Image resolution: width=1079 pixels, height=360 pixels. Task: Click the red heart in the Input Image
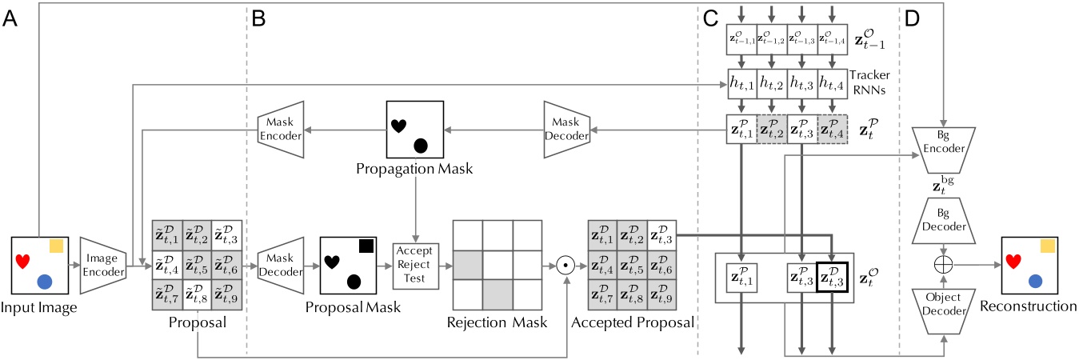point(24,259)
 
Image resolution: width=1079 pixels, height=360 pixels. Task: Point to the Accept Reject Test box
point(412,266)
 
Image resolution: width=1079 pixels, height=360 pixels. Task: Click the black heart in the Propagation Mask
point(398,124)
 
